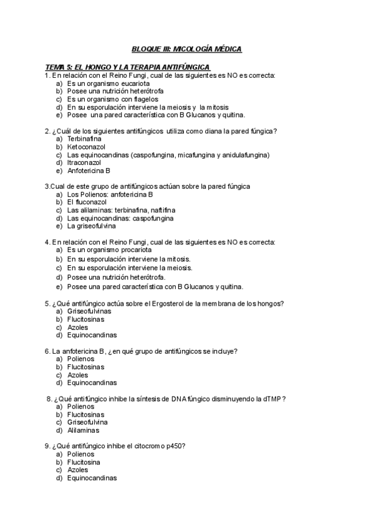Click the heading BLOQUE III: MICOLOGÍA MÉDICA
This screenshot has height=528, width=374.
point(187,49)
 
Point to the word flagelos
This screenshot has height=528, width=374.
point(145,99)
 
